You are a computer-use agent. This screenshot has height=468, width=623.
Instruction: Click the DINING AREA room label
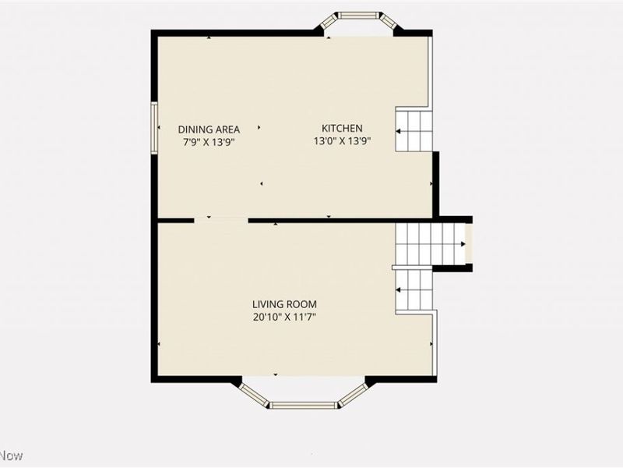point(209,129)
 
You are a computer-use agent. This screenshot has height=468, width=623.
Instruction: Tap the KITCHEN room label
point(343,129)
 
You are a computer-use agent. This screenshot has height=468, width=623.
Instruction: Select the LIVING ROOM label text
point(284,304)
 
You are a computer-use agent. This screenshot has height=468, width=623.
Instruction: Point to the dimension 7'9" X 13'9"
point(209,142)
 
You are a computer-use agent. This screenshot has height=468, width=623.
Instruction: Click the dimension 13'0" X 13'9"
point(343,142)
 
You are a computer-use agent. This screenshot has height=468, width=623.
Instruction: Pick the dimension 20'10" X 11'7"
point(284,317)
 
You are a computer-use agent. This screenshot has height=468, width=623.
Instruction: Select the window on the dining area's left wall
point(154,128)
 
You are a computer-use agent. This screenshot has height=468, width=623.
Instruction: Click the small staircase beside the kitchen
point(414,130)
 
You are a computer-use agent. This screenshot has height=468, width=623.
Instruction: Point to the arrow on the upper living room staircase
point(463,244)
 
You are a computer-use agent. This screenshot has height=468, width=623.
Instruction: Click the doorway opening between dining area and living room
point(220,221)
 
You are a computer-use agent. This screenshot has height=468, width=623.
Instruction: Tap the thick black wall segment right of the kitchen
point(436,183)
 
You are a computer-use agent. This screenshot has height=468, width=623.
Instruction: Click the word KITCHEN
point(343,129)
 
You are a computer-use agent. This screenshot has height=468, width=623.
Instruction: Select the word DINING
point(196,129)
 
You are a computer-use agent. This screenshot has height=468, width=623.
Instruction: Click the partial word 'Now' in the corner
point(12,456)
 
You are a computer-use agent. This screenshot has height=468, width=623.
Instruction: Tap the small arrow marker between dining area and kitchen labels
point(260,127)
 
